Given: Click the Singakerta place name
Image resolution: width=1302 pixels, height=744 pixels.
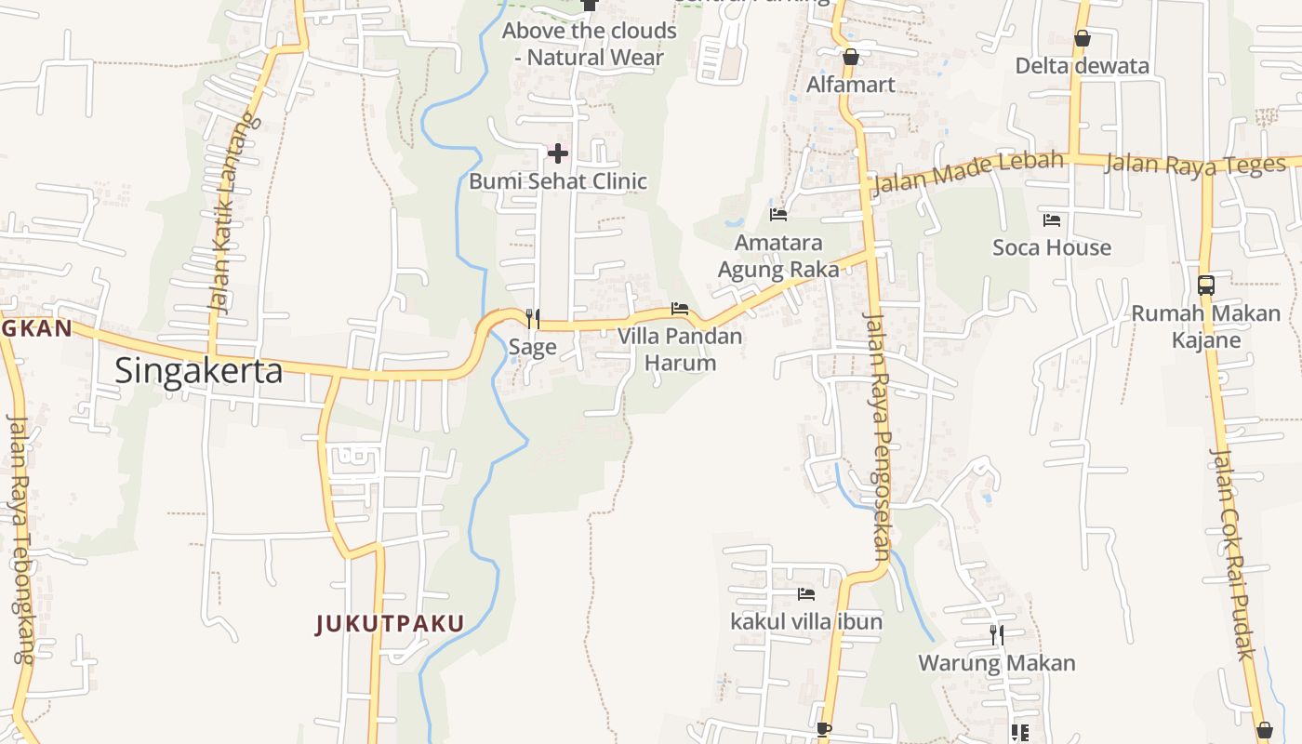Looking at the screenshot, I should click(198, 370).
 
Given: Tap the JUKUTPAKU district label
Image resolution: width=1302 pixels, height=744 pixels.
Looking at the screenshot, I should click(390, 623).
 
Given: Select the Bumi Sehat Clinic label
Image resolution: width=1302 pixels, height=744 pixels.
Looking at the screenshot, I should click(557, 180).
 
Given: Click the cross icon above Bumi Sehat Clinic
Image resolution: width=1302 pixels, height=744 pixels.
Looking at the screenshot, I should click(558, 153).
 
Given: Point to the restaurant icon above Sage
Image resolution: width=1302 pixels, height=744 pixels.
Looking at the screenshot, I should click(532, 319).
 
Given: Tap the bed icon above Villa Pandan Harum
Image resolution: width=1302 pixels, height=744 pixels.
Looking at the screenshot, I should click(680, 309).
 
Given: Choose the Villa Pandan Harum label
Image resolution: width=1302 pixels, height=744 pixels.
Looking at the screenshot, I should click(681, 349).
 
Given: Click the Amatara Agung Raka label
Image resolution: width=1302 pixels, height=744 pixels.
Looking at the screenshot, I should click(778, 256).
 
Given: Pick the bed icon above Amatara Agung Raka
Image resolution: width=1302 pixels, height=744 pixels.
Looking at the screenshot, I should click(778, 215).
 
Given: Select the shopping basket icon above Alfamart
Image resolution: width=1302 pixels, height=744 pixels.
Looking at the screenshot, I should click(850, 57).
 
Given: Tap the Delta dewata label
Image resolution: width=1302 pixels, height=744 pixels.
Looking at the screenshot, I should click(1083, 66).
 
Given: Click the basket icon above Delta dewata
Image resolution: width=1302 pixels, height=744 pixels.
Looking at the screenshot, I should click(1082, 38).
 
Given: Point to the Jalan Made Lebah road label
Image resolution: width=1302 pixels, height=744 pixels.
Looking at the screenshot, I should click(968, 171).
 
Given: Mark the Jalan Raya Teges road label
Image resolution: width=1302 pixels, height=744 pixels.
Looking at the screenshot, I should click(1195, 165).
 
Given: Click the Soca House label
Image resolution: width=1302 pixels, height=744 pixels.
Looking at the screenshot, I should click(1052, 247).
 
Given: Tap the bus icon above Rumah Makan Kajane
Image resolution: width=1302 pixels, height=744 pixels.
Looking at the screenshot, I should click(1206, 286).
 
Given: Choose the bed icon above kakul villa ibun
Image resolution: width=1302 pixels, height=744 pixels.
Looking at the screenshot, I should click(806, 593).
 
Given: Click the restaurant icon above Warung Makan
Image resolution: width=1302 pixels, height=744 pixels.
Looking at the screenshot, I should click(997, 635).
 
